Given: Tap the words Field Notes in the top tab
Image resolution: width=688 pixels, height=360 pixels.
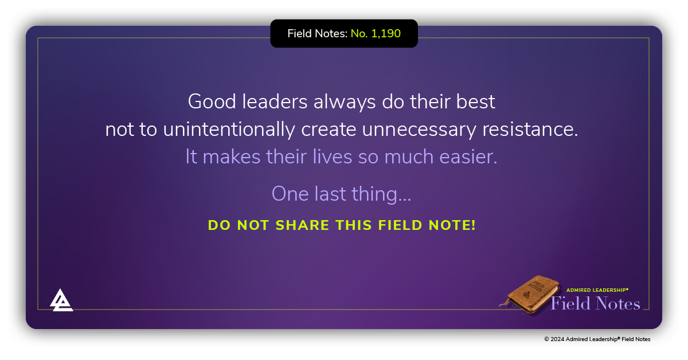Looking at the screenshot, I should click(317, 34).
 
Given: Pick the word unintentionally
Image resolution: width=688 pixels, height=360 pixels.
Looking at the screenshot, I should click(229, 130).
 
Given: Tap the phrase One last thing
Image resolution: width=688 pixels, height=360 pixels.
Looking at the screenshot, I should click(341, 194).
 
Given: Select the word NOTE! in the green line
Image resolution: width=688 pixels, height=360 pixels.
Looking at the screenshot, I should click(449, 225).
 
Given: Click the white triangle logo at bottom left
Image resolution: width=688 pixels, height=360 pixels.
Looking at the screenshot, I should click(61, 300).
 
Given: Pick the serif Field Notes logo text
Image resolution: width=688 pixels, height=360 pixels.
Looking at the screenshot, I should click(595, 303).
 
